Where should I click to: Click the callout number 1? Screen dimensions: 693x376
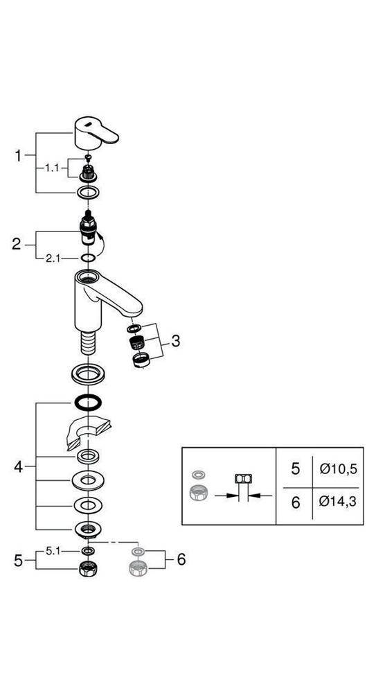pyautogui.click(x=19, y=156)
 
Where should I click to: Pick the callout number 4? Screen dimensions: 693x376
pyautogui.click(x=19, y=466)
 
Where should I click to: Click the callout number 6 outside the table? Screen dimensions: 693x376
pyautogui.click(x=181, y=559)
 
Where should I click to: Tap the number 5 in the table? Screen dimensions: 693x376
pyautogui.click(x=295, y=469)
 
